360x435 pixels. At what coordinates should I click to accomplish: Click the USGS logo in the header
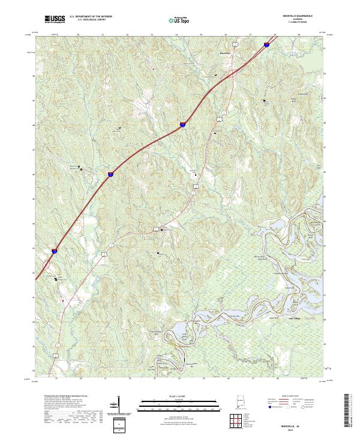click(55, 19)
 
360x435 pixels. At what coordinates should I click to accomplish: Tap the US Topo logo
click(178, 20)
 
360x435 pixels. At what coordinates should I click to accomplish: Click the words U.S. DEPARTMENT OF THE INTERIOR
click(90, 17)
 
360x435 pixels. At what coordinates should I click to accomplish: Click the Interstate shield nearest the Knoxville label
click(266, 43)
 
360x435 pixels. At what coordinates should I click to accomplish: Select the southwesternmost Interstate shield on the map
click(54, 252)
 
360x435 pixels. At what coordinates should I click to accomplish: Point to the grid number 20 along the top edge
click(79, 35)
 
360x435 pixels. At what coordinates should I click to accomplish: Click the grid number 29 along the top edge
click(299, 35)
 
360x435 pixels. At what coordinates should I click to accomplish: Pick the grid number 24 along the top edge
click(176, 35)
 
